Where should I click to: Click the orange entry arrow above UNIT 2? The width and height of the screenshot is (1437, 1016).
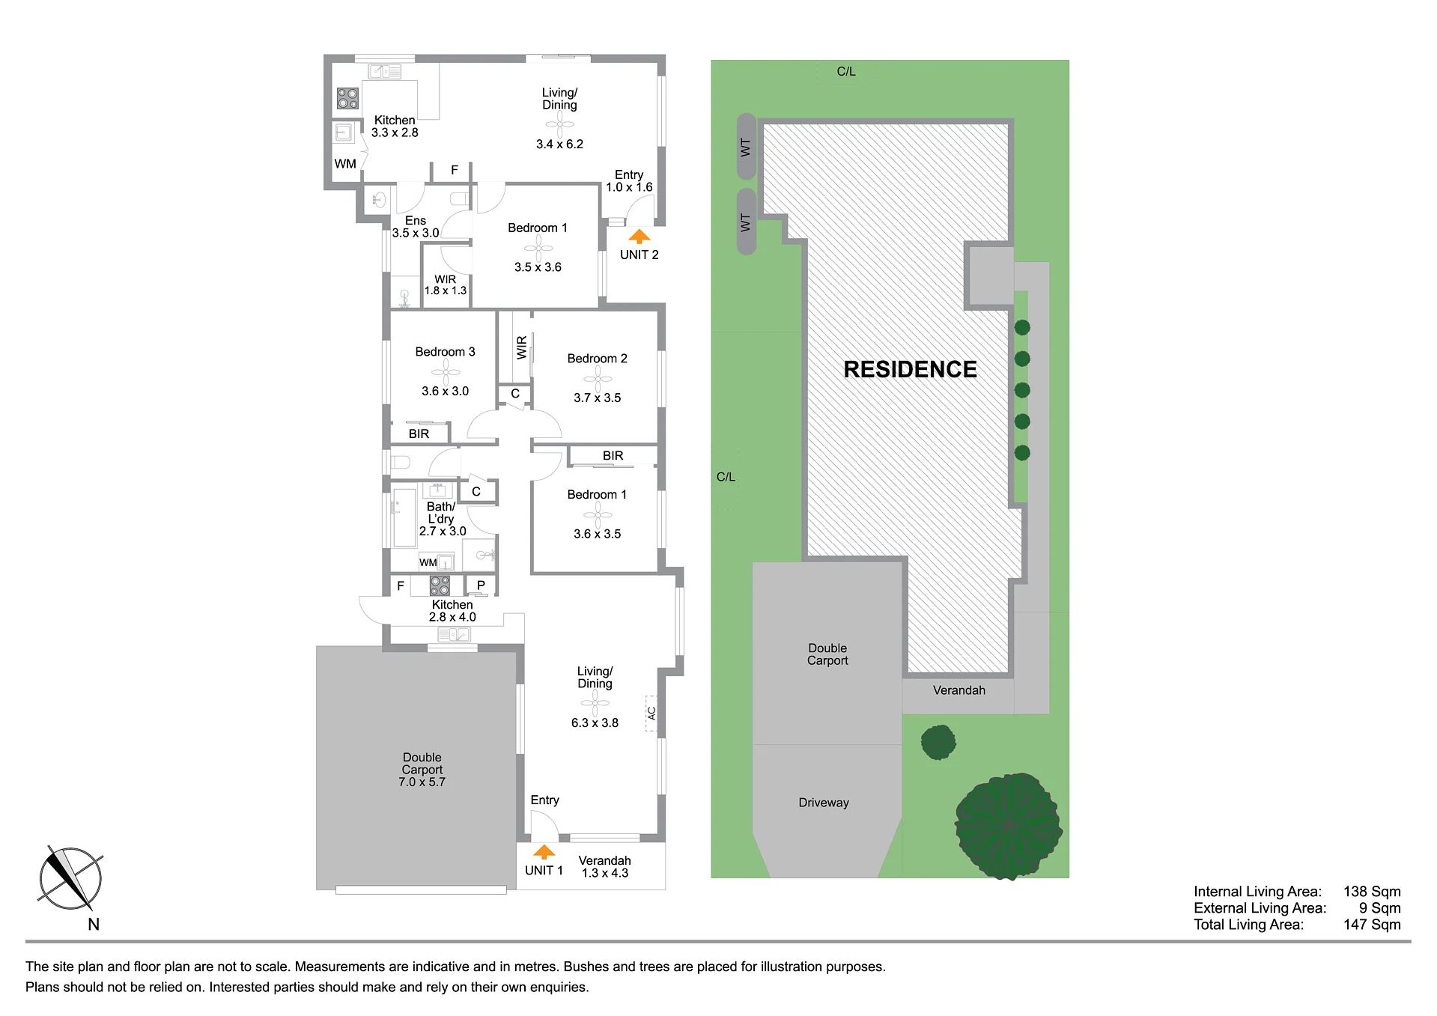[639, 237]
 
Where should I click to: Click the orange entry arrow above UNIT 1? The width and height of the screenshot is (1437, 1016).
[544, 852]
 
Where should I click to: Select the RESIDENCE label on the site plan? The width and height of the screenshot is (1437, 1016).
[910, 369]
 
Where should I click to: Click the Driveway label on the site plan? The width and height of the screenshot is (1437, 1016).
[824, 803]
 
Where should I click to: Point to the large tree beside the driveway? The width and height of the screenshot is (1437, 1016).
[1009, 825]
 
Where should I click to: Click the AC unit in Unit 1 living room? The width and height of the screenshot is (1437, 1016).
[651, 713]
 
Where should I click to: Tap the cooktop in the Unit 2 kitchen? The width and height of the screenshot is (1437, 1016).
[347, 98]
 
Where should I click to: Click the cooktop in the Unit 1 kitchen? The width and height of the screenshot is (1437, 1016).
[440, 585]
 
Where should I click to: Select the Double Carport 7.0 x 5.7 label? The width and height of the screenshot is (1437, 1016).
[422, 770]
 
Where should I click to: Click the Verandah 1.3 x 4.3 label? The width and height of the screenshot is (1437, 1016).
[605, 867]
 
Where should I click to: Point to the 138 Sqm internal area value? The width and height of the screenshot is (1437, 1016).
[1372, 892]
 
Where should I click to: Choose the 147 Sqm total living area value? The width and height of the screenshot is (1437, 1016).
[1372, 925]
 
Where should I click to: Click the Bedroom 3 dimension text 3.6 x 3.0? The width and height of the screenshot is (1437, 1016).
[445, 391]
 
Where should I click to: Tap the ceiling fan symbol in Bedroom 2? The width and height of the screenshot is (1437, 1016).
[598, 379]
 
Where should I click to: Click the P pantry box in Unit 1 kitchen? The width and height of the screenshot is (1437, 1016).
[481, 585]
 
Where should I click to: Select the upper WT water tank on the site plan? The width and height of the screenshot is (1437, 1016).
[746, 147]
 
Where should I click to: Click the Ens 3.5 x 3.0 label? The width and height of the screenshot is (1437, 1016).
[416, 227]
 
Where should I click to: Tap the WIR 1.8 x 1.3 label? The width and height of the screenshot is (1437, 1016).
[446, 285]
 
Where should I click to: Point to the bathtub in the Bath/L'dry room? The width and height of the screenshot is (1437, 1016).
[404, 518]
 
